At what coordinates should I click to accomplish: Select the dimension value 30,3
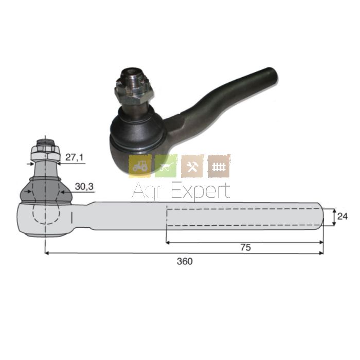(84, 187)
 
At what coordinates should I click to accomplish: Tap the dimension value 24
(343, 217)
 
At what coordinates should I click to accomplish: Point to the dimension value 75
(246, 247)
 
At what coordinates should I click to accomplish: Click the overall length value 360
(185, 261)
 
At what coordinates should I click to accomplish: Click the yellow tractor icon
(140, 166)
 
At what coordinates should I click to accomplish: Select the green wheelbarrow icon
(166, 166)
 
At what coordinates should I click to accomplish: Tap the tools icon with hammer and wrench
(192, 166)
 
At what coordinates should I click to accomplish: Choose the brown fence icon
(219, 166)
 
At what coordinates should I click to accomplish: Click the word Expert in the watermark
(201, 191)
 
